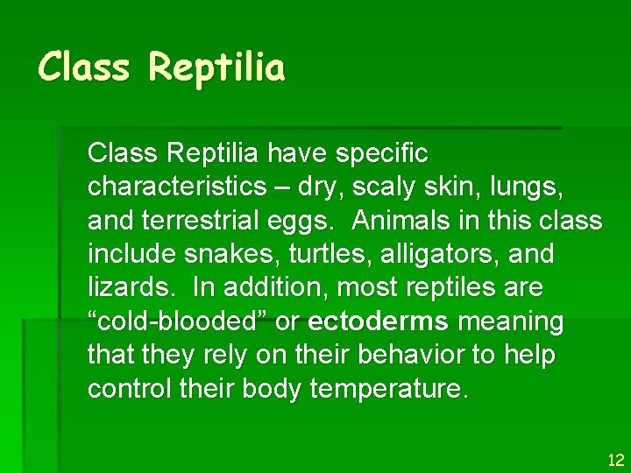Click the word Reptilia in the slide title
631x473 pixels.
[x=216, y=67]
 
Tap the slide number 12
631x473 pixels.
[x=616, y=460]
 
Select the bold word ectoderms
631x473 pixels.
[x=379, y=321]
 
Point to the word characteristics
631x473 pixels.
[x=181, y=187]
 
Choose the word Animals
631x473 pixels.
[x=406, y=221]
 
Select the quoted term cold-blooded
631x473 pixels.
[x=178, y=321]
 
